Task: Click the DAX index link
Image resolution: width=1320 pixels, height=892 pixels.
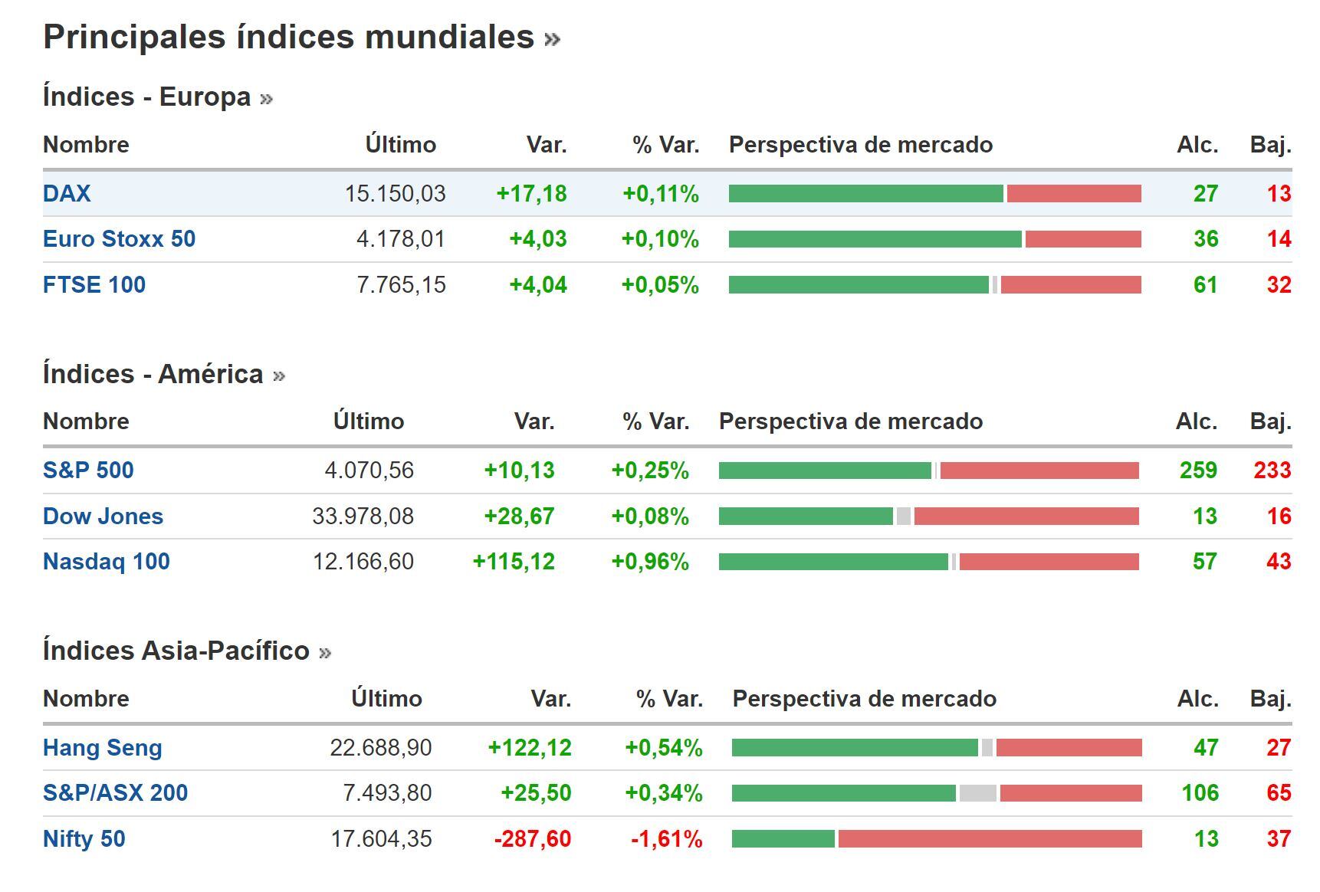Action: coord(67,193)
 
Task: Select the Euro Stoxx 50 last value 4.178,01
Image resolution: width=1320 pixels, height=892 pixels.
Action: coord(400,239)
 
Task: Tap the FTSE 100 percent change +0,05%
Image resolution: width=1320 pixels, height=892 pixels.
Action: coord(659,285)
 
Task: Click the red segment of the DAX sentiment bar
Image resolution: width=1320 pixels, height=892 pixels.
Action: coord(1073,194)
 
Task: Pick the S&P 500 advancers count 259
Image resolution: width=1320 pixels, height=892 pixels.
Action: coord(1197,470)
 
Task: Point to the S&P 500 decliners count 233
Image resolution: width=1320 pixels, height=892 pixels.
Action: coord(1272,470)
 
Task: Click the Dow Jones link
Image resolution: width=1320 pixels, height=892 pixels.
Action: coord(103,516)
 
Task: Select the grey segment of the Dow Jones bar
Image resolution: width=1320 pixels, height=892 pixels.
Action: coord(903,517)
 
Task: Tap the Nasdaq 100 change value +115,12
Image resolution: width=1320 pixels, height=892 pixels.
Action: coord(513,562)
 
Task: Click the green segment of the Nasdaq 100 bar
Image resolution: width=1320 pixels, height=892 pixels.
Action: coord(832,562)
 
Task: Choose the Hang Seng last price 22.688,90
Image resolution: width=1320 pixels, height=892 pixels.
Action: coord(380,747)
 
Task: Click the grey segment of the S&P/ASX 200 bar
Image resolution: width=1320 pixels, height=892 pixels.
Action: coord(977,793)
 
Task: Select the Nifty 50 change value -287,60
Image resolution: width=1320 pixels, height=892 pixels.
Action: coord(532,839)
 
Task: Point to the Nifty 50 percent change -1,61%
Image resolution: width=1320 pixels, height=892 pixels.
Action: coord(666,839)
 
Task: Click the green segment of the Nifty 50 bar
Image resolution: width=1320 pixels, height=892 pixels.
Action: coord(783,839)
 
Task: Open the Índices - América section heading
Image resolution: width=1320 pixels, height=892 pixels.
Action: coord(153,374)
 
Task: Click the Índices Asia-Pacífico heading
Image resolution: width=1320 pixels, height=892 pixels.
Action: coord(176,651)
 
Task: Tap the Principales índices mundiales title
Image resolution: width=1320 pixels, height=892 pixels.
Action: coord(288,37)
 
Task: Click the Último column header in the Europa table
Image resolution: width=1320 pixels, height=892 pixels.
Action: coord(400,145)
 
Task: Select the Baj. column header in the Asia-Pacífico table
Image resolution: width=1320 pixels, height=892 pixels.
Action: coord(1269,699)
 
